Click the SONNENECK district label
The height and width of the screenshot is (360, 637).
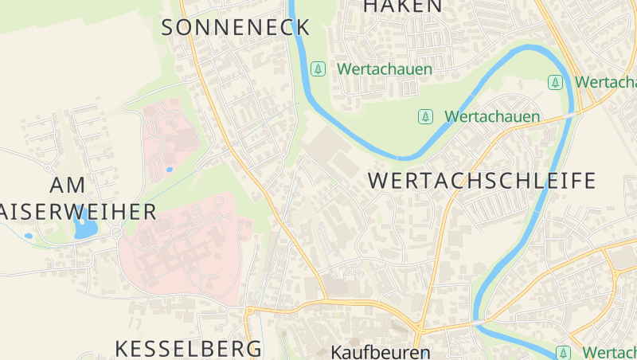(x=236, y=27)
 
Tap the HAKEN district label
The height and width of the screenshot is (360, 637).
(x=402, y=6)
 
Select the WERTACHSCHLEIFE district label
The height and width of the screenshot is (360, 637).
(x=482, y=181)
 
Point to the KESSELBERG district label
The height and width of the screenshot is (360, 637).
(x=189, y=348)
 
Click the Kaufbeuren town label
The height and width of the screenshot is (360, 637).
(x=381, y=351)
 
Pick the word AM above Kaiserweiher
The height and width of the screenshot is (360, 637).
(x=67, y=186)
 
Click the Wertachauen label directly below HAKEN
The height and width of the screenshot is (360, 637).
(x=384, y=69)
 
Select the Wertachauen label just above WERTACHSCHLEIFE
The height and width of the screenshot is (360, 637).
(x=492, y=117)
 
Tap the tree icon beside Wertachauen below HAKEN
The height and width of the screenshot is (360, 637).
(x=318, y=69)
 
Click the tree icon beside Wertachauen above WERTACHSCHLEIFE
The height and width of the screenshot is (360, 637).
(x=426, y=117)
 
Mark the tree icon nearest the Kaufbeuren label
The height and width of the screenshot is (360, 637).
(x=564, y=352)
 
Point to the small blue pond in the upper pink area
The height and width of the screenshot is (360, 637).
(x=169, y=169)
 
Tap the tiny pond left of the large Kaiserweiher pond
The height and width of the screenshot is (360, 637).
(x=29, y=236)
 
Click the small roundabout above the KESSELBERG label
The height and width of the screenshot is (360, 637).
(x=249, y=311)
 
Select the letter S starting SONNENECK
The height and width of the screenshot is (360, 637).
(x=169, y=27)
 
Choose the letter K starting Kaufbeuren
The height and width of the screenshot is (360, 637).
(x=338, y=351)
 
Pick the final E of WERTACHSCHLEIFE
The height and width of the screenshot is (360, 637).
(x=589, y=181)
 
